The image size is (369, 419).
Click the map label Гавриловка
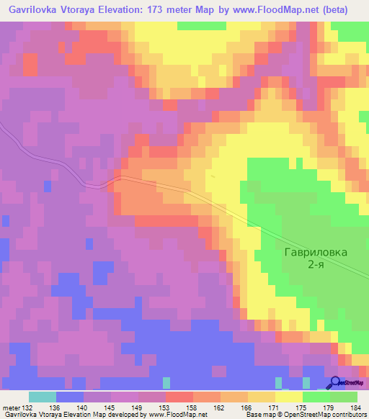pyautogui.click(x=315, y=253)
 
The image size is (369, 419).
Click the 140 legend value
pyautogui.click(x=84, y=407)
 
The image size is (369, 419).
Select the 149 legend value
pyautogui.click(x=138, y=407)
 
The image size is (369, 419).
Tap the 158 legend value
pyautogui.click(x=192, y=407)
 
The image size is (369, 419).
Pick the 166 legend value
pyautogui.click(x=246, y=407)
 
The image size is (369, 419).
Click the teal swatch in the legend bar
pyautogui.click(x=42, y=397)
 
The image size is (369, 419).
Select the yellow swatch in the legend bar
pyautogui.click(x=288, y=397)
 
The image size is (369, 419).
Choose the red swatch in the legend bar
pyautogui.click(x=179, y=397)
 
